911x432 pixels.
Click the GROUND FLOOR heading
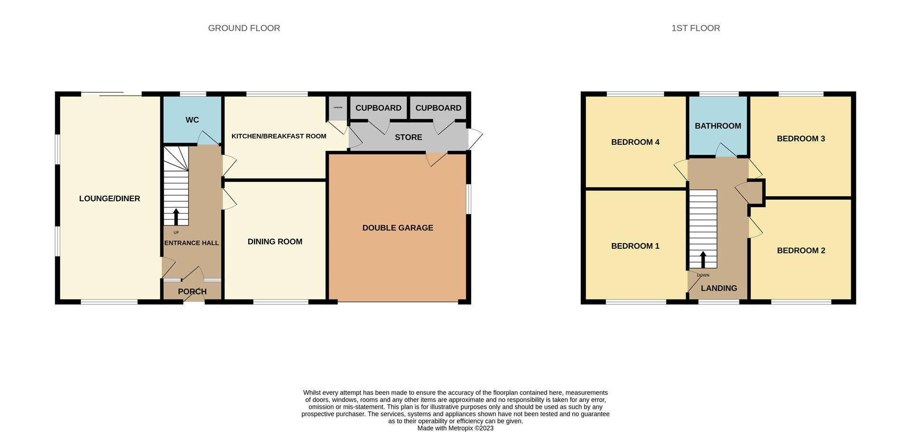coord(244,28)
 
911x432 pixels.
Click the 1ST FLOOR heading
coord(696,28)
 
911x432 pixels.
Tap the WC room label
coord(192,120)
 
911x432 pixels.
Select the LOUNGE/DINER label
coord(110,198)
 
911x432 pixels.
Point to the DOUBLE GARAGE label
coord(398,228)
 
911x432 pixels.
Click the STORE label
coord(408,137)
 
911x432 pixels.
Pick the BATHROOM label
coord(718,126)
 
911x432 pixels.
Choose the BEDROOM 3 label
coord(801,139)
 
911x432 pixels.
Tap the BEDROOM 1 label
coord(635,246)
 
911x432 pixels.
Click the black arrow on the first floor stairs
coord(703,259)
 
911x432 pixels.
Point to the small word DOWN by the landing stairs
coord(703,275)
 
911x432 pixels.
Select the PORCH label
coord(192,291)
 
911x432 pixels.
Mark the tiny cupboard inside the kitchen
coord(338,108)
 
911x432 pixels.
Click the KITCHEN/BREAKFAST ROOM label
coord(279,136)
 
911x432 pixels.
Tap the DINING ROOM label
coord(275,242)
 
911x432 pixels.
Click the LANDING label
coord(719,288)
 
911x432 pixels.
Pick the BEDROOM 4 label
coord(635,142)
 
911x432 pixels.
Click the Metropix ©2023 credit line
coord(455,428)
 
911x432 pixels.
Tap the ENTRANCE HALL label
coord(192,243)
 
